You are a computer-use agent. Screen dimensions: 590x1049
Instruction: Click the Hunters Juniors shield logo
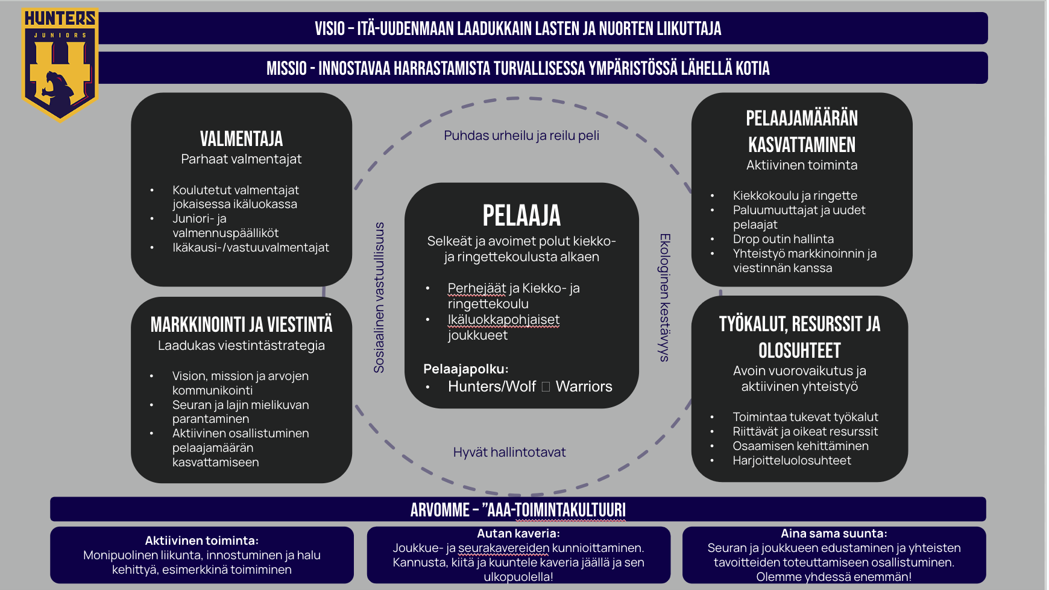click(59, 63)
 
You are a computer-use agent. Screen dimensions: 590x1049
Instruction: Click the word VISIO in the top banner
click(329, 28)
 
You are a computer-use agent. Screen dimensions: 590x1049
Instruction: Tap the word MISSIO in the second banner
click(286, 68)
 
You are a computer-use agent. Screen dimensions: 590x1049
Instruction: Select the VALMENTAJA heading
click(241, 139)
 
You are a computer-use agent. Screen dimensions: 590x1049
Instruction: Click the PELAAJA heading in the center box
click(521, 215)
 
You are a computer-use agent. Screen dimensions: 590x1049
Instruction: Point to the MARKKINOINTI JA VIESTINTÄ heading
click(241, 325)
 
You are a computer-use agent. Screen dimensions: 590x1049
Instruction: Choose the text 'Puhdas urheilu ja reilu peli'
click(521, 135)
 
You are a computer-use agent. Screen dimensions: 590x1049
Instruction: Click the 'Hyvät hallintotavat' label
click(509, 452)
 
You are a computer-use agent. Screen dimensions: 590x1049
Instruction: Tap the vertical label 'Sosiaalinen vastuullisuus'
click(379, 297)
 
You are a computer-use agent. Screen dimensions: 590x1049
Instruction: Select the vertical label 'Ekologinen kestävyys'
click(664, 297)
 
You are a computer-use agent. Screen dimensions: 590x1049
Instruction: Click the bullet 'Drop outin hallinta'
click(783, 239)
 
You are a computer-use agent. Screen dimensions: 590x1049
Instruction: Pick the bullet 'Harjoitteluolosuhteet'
click(792, 460)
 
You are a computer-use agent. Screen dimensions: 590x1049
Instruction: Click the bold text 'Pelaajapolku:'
click(466, 369)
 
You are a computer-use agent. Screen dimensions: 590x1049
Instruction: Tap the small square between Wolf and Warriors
click(546, 387)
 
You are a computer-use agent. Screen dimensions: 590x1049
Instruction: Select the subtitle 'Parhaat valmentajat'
click(241, 159)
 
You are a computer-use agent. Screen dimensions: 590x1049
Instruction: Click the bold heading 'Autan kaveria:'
click(518, 533)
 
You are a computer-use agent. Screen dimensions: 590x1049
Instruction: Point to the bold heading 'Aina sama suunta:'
click(834, 533)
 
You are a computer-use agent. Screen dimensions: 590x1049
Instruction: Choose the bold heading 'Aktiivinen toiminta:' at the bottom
click(201, 541)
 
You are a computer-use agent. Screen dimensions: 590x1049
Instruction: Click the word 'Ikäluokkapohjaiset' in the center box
click(503, 320)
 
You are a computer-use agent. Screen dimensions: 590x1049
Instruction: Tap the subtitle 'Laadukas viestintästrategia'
click(241, 346)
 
